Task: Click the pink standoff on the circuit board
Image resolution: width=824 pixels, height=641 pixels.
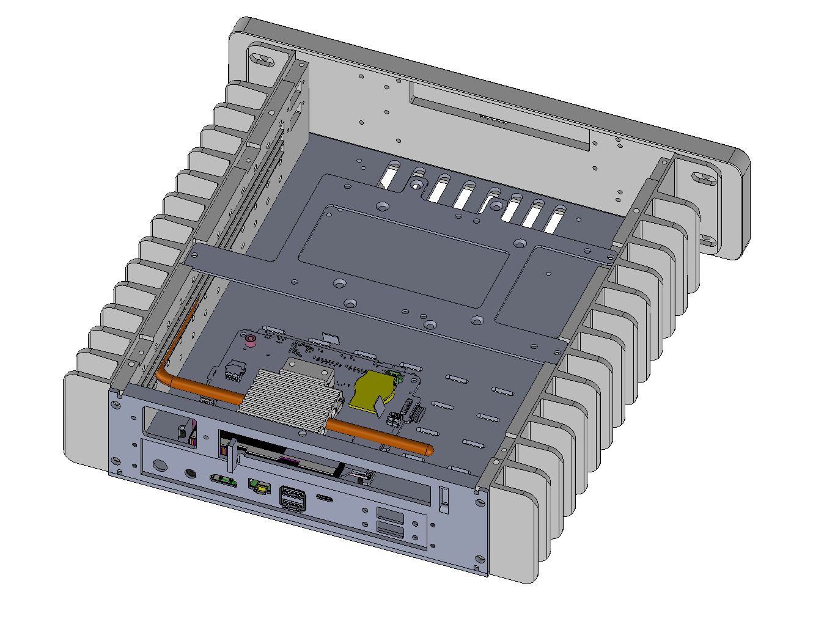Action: (x=249, y=340)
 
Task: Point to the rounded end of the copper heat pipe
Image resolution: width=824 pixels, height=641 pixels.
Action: (x=429, y=451)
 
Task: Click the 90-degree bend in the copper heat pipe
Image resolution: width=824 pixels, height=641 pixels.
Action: (x=164, y=375)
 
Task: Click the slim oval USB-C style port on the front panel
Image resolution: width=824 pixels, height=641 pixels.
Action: (x=325, y=497)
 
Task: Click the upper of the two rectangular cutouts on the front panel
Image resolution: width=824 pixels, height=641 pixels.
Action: (x=391, y=515)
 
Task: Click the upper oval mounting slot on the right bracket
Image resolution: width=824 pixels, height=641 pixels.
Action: (x=705, y=179)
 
